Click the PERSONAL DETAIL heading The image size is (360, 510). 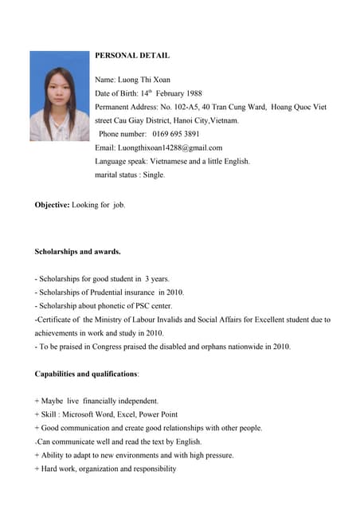pyautogui.click(x=132, y=56)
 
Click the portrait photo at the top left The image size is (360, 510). pyautogui.click(x=60, y=96)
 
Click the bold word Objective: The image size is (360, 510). pyautogui.click(x=52, y=205)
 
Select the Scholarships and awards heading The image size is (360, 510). pyautogui.click(x=78, y=252)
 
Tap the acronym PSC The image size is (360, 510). pyautogui.click(x=136, y=306)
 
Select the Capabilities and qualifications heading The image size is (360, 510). pyautogui.click(x=87, y=374)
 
